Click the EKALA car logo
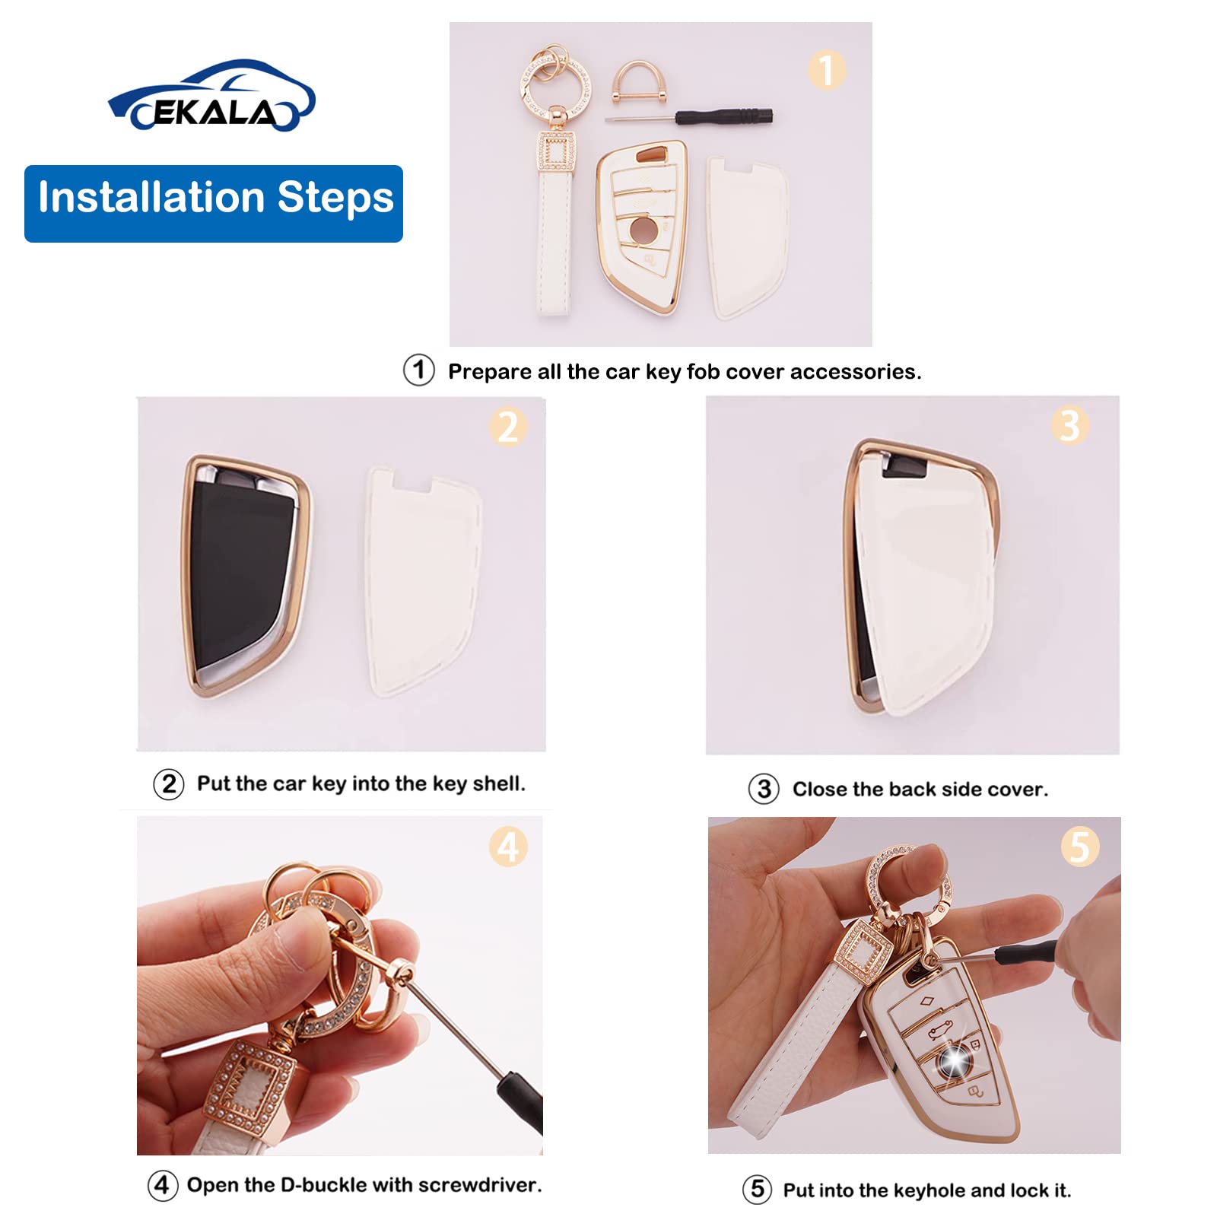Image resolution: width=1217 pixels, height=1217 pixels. pyautogui.click(x=211, y=97)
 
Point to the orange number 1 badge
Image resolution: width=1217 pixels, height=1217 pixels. pyautogui.click(x=826, y=70)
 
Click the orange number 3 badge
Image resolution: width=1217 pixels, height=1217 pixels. pyautogui.click(x=1069, y=425)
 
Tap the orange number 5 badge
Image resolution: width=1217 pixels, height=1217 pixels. pyautogui.click(x=1079, y=847)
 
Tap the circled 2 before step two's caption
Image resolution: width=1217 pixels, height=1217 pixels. pyautogui.click(x=169, y=784)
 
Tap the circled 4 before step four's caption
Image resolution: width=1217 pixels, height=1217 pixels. pyautogui.click(x=163, y=1185)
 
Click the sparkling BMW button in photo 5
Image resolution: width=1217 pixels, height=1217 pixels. pyautogui.click(x=954, y=1060)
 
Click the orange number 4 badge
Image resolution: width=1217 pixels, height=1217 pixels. pyautogui.click(x=508, y=847)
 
